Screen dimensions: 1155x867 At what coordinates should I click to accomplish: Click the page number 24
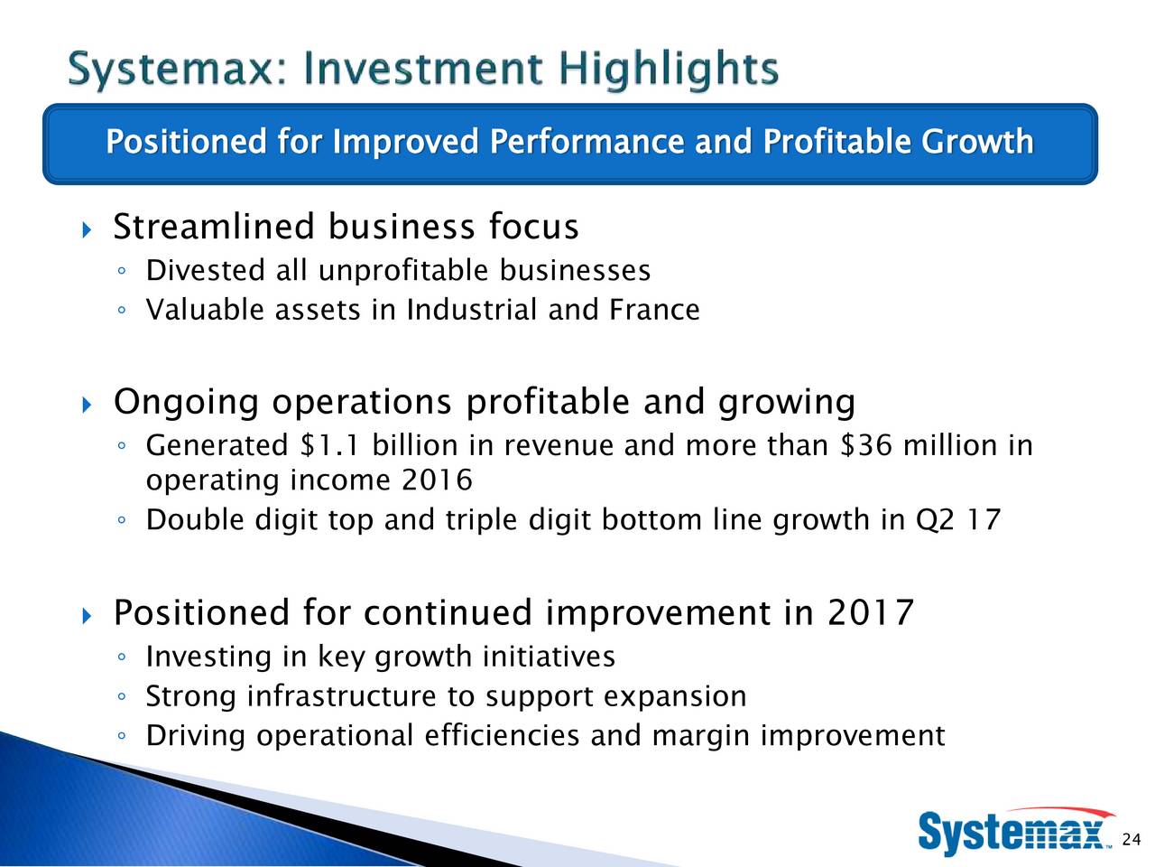[1132, 839]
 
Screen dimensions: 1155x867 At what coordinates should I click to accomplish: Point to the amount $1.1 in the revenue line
[329, 445]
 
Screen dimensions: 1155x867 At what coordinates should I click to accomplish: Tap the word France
[654, 309]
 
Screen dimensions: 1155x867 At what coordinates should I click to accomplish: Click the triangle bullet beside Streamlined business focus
[88, 229]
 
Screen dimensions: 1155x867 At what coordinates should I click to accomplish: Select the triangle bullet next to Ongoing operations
[88, 405]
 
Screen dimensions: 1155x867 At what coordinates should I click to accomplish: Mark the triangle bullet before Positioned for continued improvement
[88, 615]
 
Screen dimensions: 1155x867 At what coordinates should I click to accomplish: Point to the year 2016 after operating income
[437, 480]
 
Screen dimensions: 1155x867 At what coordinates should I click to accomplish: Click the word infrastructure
[342, 696]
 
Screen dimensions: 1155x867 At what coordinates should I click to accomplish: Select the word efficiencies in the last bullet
[502, 735]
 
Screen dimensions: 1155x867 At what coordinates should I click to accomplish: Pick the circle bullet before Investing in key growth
[122, 657]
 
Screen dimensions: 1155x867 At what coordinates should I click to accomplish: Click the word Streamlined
[214, 227]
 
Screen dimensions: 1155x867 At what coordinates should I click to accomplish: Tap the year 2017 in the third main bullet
[870, 612]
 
